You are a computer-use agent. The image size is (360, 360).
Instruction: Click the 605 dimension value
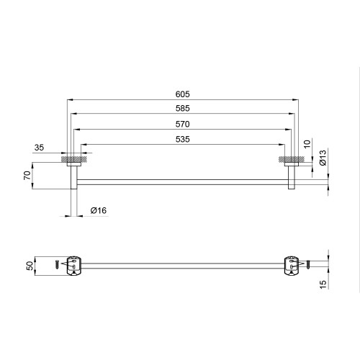tap(182, 94)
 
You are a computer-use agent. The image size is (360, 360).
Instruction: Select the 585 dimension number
tap(182, 109)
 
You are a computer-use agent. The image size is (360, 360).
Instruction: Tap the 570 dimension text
tap(182, 125)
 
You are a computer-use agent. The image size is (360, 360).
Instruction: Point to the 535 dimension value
tap(182, 140)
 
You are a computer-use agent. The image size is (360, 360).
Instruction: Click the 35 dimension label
tap(39, 148)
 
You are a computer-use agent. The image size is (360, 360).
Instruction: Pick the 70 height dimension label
tap(27, 176)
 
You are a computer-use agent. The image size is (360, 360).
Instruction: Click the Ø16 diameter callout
tap(99, 210)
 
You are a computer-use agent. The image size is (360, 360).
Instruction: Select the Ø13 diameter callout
tap(323, 158)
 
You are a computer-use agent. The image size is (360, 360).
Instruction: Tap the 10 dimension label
tap(307, 144)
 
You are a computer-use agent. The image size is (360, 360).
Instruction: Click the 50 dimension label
tap(30, 266)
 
